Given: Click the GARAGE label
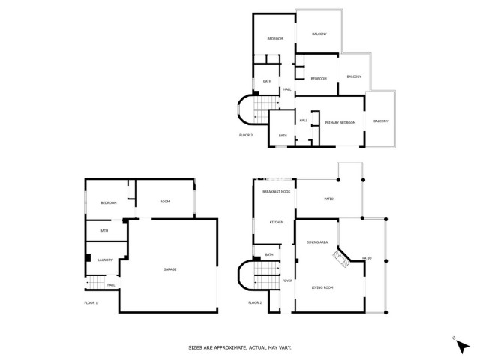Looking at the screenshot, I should click(x=170, y=269).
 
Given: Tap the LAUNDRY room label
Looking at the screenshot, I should click(x=104, y=259).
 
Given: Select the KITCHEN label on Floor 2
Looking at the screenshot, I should click(x=276, y=223).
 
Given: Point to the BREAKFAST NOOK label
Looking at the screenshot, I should click(x=276, y=193).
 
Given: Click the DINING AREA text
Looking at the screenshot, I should click(x=317, y=242).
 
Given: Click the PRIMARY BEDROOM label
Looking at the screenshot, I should click(x=340, y=122).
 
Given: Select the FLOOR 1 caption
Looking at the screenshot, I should click(x=91, y=302).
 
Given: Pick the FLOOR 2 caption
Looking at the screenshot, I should click(x=255, y=302).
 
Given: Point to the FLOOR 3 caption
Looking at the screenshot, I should click(x=246, y=135).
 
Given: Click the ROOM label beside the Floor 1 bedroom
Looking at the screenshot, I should click(x=164, y=201).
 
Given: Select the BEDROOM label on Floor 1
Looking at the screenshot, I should click(x=109, y=203).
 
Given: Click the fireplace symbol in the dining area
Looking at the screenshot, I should click(x=341, y=258).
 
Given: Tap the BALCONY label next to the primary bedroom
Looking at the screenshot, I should click(x=381, y=121).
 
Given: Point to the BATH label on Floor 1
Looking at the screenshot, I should click(x=104, y=231).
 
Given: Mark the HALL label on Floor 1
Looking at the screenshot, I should click(x=111, y=285).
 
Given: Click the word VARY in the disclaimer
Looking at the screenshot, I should click(x=284, y=347).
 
